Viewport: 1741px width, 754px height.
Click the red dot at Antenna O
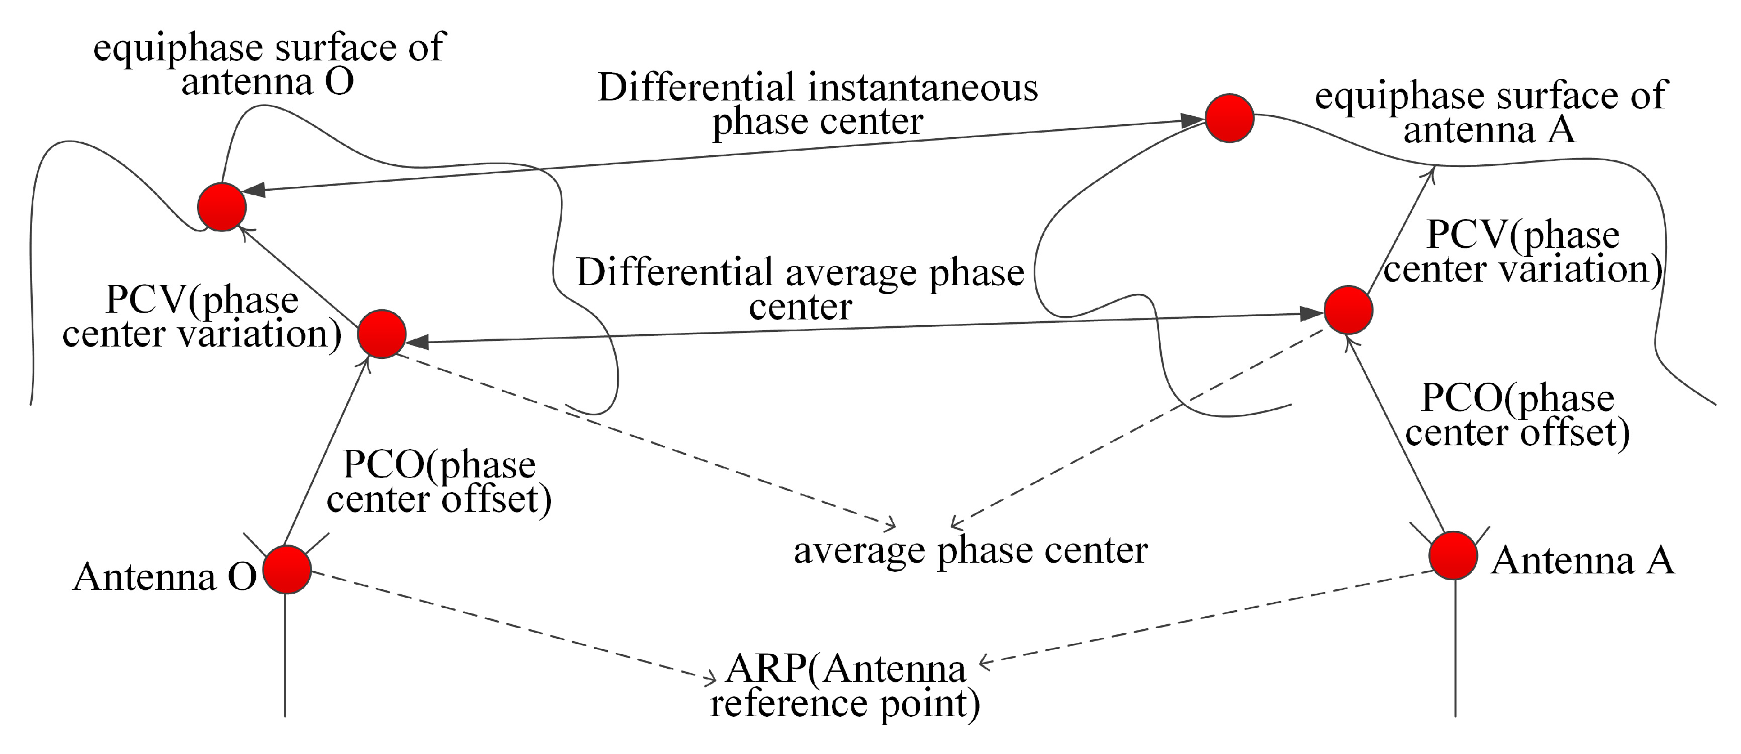point(287,569)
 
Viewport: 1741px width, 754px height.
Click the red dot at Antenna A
point(1453,555)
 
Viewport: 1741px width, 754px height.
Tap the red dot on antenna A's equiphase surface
point(1230,118)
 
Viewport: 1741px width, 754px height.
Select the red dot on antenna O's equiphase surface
point(222,207)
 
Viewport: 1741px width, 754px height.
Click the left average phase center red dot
point(381,334)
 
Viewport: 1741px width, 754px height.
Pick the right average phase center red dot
point(1348,309)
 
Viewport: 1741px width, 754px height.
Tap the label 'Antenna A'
point(1583,561)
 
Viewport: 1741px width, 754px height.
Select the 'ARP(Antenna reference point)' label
point(845,686)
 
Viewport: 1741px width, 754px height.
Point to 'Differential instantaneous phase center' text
point(818,105)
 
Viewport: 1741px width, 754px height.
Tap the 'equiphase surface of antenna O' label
point(268,64)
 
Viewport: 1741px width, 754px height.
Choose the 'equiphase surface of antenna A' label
point(1491,112)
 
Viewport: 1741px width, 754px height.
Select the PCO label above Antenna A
point(1518,415)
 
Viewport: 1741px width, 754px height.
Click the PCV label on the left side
point(202,317)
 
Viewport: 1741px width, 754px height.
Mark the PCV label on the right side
point(1523,252)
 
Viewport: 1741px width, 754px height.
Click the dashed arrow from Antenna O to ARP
point(514,626)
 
